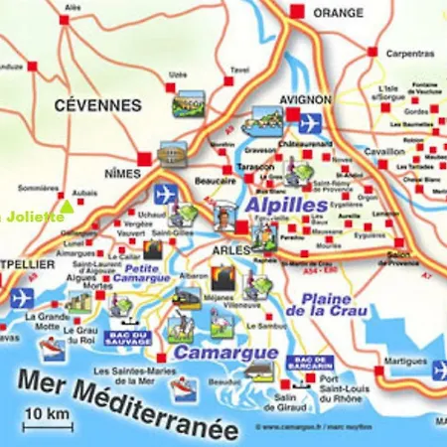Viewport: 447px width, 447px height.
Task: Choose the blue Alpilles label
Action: click(285, 204)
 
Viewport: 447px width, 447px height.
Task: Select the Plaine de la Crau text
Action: click(324, 304)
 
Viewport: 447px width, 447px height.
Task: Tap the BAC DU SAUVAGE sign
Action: click(126, 338)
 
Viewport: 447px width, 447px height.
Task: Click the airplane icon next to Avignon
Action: click(310, 122)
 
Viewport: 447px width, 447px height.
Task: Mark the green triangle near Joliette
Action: click(66, 207)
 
